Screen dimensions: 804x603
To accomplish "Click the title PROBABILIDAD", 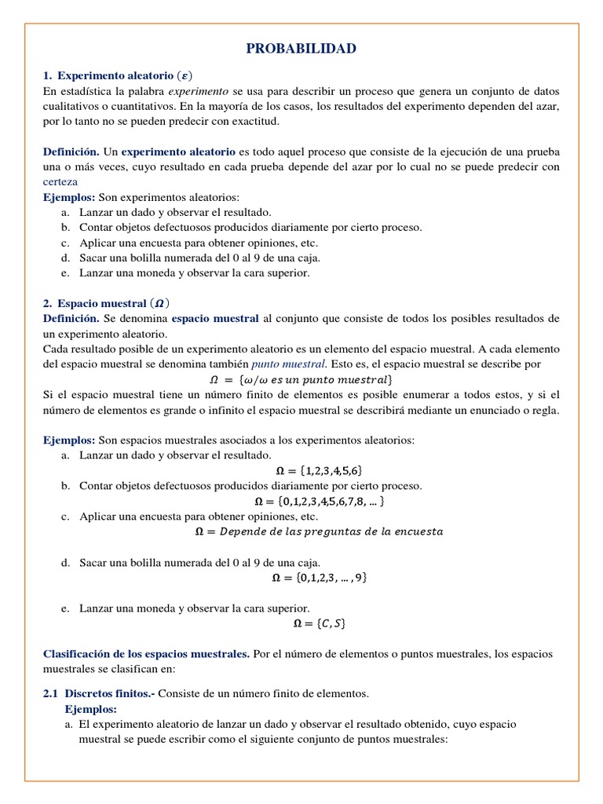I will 301,49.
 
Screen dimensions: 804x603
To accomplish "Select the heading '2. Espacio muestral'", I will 106,302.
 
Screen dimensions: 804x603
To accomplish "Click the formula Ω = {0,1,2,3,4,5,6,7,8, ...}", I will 319,501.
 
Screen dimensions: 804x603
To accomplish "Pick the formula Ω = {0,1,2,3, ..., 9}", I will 319,577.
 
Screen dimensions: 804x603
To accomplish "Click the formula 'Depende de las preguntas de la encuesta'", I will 319,532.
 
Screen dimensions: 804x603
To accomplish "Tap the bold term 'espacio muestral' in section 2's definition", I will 215,318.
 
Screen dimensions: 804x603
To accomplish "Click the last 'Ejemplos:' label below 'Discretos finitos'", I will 90,708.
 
